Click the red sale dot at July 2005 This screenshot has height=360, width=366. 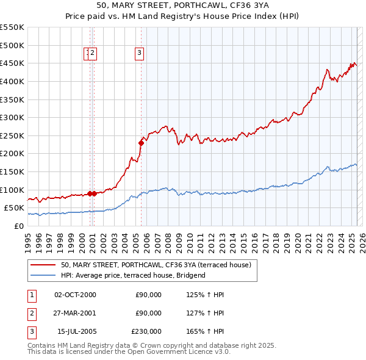coord(141,143)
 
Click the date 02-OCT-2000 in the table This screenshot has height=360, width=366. coord(75,295)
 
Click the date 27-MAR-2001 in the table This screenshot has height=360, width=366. coord(75,313)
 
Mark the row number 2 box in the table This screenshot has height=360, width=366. coord(31,313)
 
